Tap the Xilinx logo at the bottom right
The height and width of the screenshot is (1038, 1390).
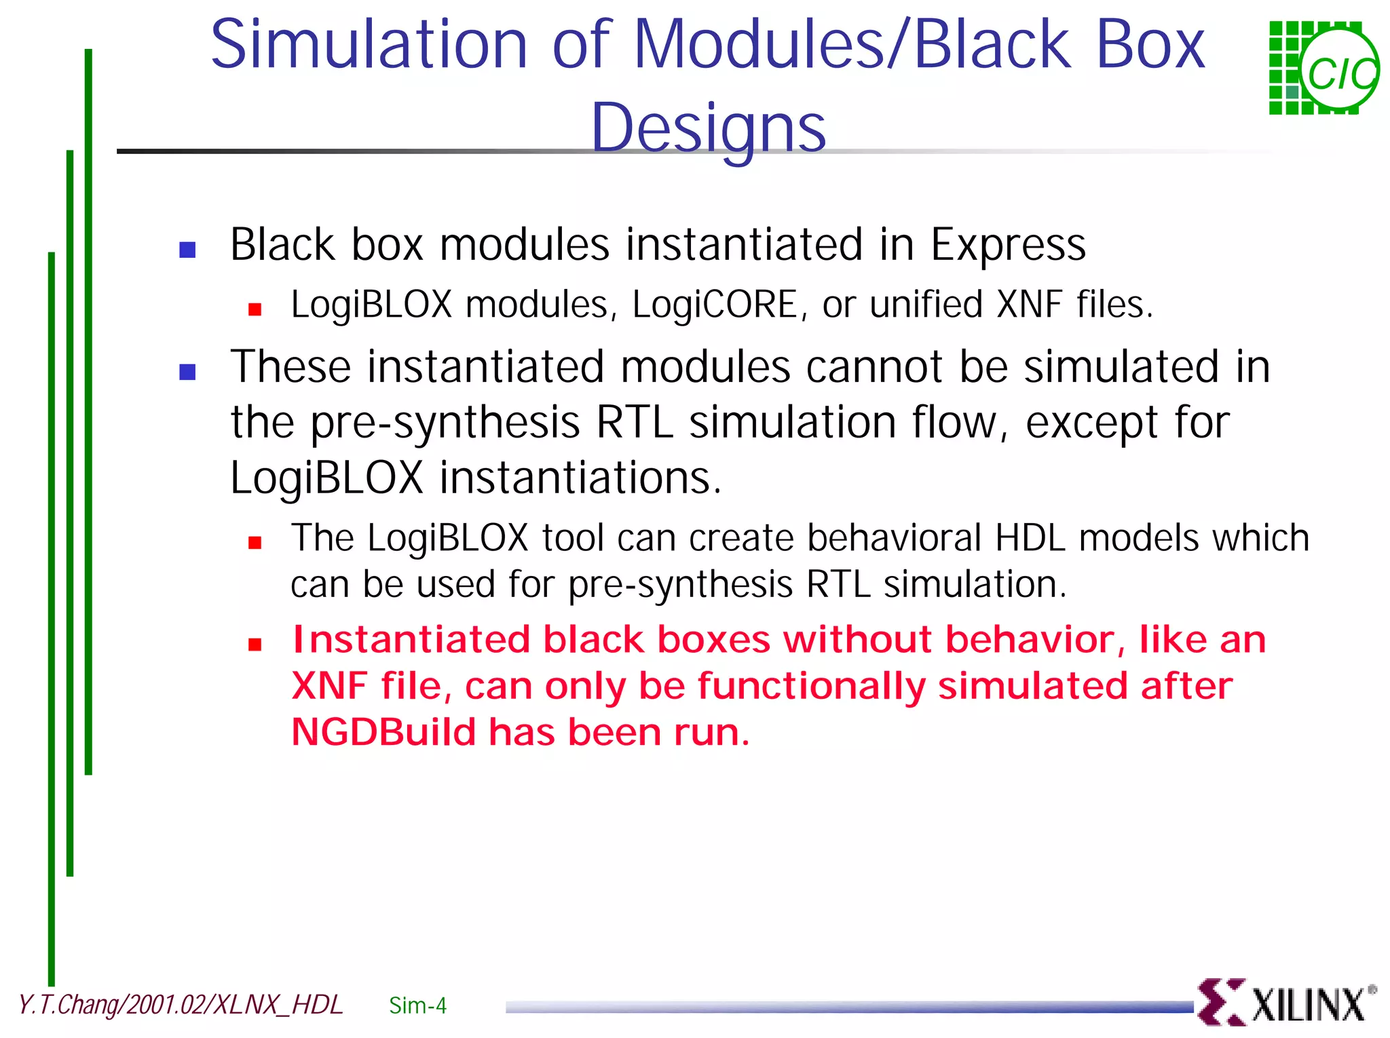(1285, 1003)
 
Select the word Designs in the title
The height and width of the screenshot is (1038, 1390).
(708, 128)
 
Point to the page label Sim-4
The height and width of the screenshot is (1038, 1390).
(417, 1005)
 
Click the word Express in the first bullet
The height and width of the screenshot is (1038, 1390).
(1007, 245)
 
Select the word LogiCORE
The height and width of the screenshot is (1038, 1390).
(714, 305)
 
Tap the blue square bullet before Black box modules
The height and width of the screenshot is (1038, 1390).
(187, 250)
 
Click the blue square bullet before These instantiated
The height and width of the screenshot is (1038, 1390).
(187, 372)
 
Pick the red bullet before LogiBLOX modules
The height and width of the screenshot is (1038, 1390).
(255, 310)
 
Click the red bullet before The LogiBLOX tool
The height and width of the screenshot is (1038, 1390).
(255, 543)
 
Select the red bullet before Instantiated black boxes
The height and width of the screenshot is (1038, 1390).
(255, 645)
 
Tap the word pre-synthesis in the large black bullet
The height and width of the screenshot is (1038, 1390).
(445, 423)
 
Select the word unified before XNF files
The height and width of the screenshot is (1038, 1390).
(926, 305)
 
